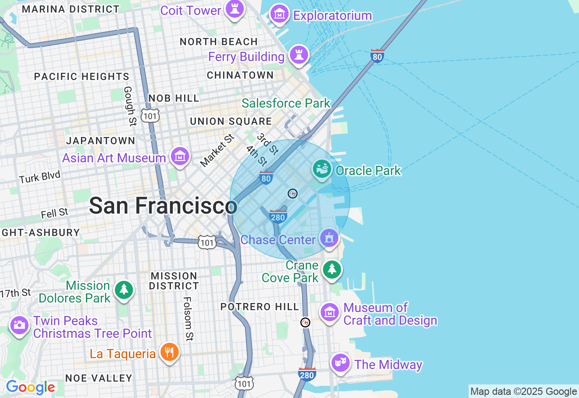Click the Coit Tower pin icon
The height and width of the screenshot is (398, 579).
coord(234,9)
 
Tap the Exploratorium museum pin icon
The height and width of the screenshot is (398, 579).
coord(280,15)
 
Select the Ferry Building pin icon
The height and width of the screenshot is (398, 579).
coord(299,55)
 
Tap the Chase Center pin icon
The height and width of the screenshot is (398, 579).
coord(329,238)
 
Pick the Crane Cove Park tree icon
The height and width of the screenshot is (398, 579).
coord(332,270)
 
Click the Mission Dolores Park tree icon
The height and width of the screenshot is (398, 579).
coord(123,289)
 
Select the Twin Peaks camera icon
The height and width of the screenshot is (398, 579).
coord(19,325)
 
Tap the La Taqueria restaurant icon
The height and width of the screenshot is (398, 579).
coord(169,352)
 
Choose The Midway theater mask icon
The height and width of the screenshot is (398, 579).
coord(340,363)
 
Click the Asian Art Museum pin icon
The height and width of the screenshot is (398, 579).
coord(180,156)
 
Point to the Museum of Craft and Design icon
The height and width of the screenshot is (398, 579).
coord(330,312)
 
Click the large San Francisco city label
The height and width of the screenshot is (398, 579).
coord(163,206)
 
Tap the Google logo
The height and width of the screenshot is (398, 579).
coord(30,388)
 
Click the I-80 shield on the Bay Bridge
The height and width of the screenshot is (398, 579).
coord(377,56)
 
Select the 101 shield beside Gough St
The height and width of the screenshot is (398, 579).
coord(149,116)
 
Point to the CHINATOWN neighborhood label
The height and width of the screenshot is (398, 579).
coord(240,76)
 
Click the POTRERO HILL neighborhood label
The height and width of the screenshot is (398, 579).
coord(260,307)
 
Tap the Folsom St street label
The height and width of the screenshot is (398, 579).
coord(188,319)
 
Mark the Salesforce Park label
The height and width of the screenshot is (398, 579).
coord(286,103)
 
